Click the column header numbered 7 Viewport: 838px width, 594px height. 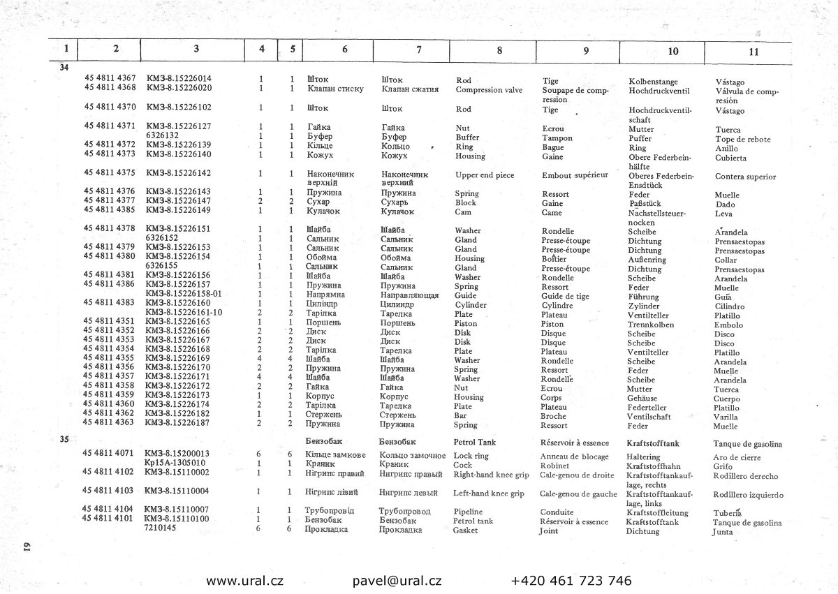[x=418, y=50]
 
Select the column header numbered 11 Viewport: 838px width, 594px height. [x=754, y=51]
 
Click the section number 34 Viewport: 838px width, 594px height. [x=64, y=68]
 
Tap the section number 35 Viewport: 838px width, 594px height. [x=64, y=440]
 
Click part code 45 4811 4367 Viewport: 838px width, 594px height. [x=110, y=79]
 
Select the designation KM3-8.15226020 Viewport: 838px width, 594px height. [x=179, y=88]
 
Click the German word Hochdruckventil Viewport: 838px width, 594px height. [x=659, y=91]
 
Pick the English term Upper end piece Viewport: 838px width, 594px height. [x=484, y=175]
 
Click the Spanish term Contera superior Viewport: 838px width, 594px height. [x=745, y=177]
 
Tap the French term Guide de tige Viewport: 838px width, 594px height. [x=565, y=296]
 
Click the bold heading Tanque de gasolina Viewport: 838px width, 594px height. [x=747, y=444]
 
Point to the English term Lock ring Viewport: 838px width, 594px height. [x=471, y=455]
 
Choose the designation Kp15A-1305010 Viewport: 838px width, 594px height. [x=175, y=463]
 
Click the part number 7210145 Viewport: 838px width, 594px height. [x=160, y=528]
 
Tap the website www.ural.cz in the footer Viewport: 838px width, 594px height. [x=244, y=581]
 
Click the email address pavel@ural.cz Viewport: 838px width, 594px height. [x=397, y=581]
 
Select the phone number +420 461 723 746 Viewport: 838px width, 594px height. [x=571, y=581]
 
